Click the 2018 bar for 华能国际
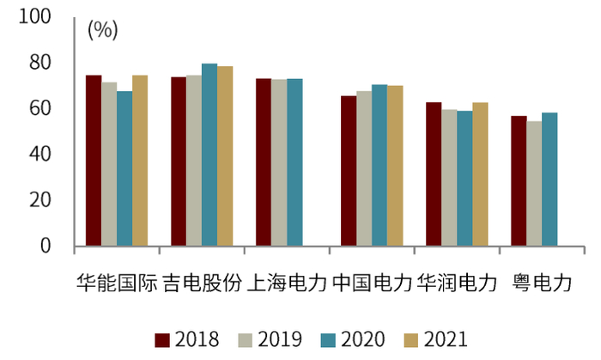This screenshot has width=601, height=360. pyautogui.click(x=93, y=161)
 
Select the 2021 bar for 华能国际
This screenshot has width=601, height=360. pyautogui.click(x=140, y=161)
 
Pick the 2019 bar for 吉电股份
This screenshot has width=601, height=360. pyautogui.click(x=194, y=161)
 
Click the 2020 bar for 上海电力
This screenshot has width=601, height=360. pyautogui.click(x=294, y=162)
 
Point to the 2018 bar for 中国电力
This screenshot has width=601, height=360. pyautogui.click(x=349, y=171)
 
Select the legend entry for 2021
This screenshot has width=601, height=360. pyautogui.click(x=436, y=340)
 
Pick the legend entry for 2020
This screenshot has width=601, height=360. pyautogui.click(x=353, y=340)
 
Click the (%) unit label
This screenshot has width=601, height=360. pyautogui.click(x=102, y=30)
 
